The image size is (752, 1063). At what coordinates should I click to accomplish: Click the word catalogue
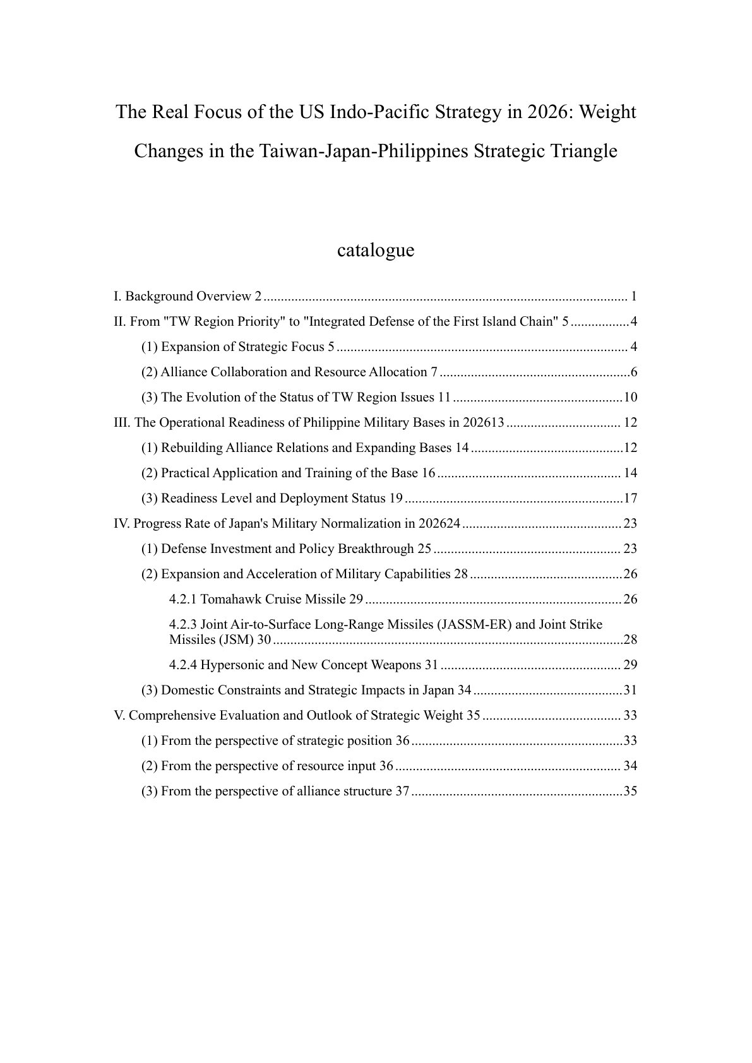pos(376,251)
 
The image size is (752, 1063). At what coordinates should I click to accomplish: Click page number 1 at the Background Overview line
pos(633,297)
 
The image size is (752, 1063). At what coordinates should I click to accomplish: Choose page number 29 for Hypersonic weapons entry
pos(630,665)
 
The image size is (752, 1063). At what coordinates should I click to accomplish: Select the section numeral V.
pos(119,715)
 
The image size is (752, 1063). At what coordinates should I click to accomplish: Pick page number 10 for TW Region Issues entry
pos(630,397)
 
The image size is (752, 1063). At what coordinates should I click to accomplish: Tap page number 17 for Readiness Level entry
pos(630,498)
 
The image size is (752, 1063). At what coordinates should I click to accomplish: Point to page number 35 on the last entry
pos(630,791)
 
